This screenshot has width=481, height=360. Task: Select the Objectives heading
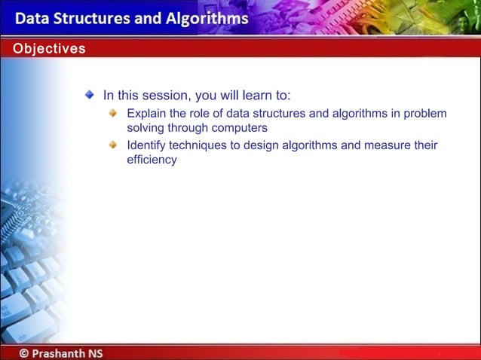[48, 49]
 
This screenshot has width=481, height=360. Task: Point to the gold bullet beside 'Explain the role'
[113, 113]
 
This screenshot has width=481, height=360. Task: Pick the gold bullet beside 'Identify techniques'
[113, 144]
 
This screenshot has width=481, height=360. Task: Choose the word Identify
[148, 145]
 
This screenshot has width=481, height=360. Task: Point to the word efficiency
[152, 160]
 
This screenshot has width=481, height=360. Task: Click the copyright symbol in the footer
[25, 352]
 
